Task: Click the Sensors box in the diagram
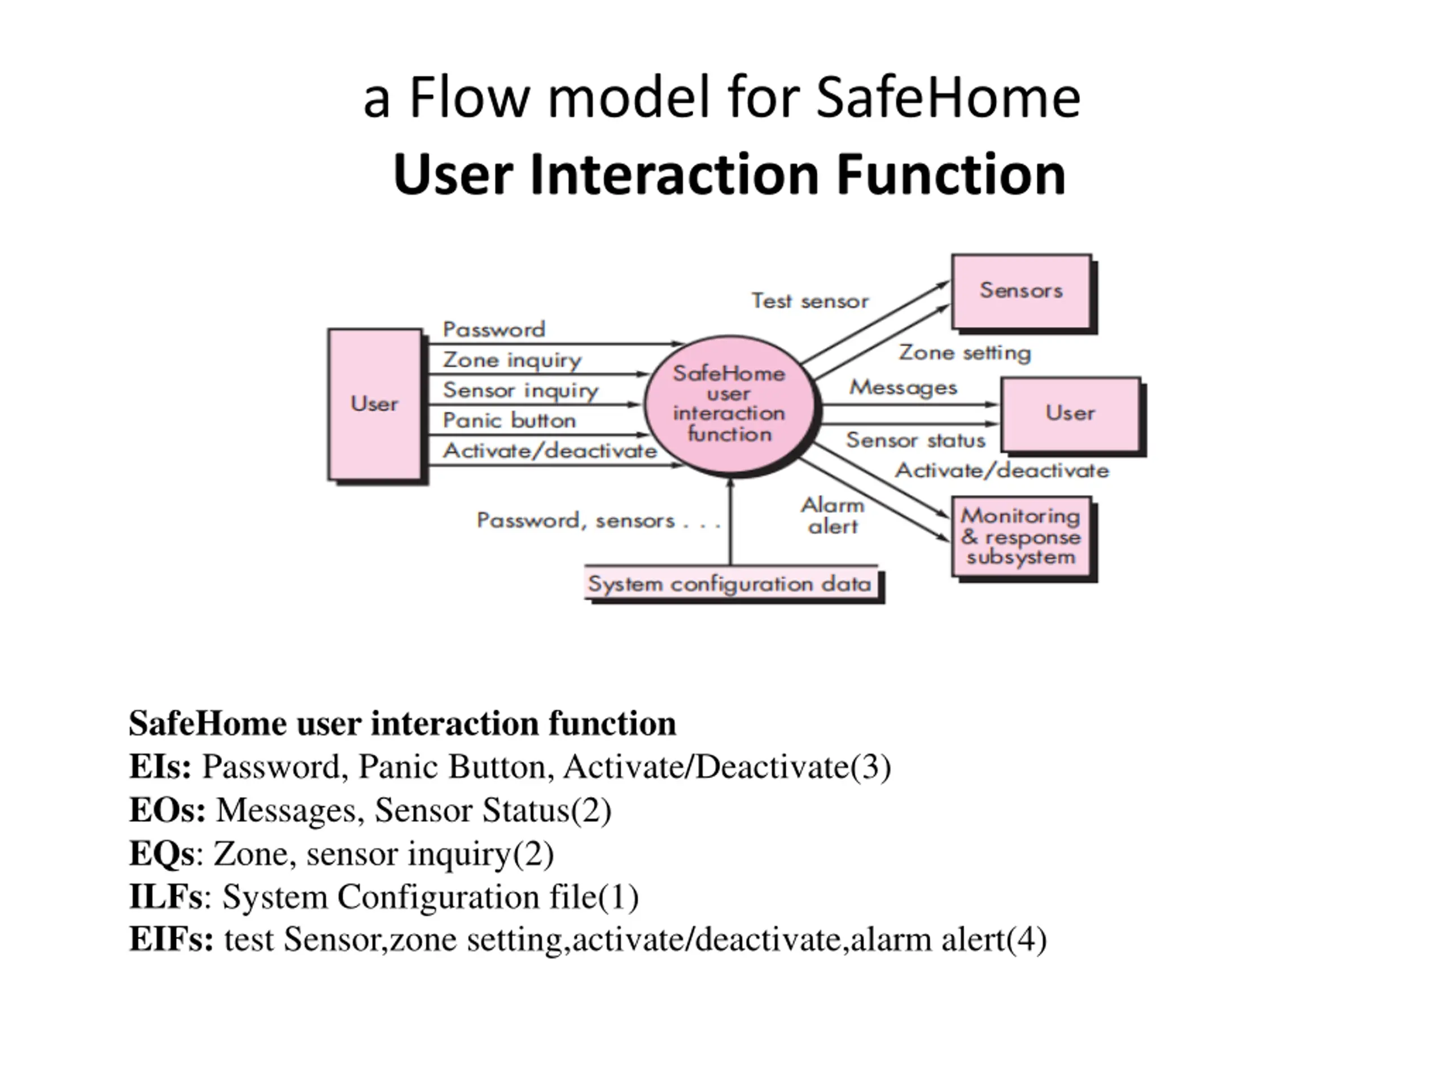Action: [1021, 291]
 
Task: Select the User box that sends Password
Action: [374, 404]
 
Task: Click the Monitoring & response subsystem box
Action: [1021, 536]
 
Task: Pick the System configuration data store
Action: [730, 583]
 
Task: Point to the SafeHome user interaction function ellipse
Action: [729, 404]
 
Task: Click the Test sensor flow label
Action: [810, 301]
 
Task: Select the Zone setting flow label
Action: [965, 353]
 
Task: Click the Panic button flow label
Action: [509, 420]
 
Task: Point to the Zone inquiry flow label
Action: [511, 360]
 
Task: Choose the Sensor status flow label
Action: [915, 440]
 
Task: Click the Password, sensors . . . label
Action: [598, 521]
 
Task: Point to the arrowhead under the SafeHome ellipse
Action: [730, 482]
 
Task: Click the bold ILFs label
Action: [166, 896]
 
